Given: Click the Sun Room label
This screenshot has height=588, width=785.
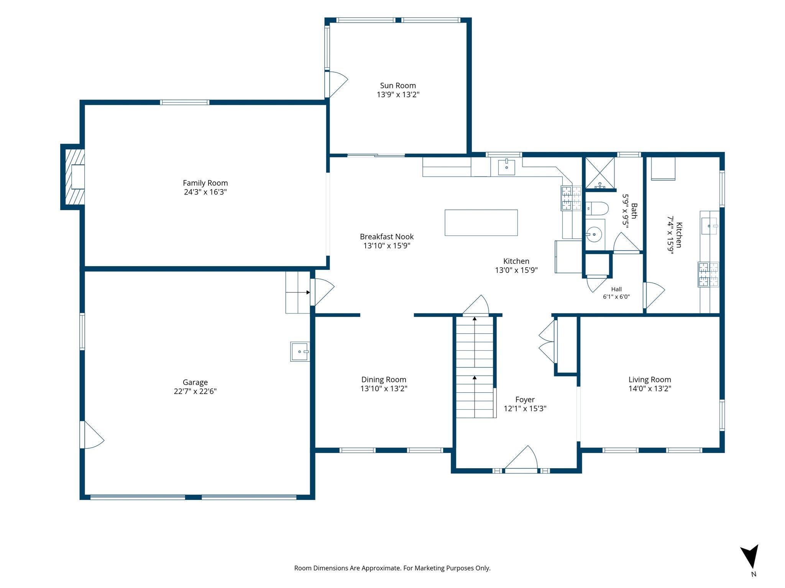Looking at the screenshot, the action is (x=398, y=86).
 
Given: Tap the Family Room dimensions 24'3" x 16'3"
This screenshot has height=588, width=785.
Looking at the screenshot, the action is (x=205, y=192).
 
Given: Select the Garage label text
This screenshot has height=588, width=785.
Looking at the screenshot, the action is (x=195, y=382).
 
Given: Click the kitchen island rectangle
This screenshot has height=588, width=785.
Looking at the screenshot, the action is (x=481, y=222).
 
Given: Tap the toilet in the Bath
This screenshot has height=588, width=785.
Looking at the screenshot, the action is (x=597, y=209).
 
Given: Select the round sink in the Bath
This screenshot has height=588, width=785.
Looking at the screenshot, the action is (x=594, y=234).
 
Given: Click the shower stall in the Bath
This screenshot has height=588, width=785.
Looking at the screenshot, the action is (x=599, y=173).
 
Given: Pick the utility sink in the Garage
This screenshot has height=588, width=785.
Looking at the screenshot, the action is (x=300, y=351).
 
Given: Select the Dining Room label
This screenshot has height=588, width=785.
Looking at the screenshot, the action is (x=384, y=379).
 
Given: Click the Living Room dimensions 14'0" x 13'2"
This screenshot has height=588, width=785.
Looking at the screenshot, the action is (x=650, y=389).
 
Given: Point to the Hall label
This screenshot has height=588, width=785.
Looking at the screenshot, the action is (x=616, y=289).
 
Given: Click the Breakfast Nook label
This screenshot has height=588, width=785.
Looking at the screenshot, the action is (x=387, y=237).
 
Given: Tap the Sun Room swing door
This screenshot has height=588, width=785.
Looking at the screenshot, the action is (x=336, y=85).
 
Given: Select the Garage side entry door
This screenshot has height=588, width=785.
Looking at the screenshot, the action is (x=92, y=434).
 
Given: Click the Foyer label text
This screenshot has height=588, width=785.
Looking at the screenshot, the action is (x=525, y=400).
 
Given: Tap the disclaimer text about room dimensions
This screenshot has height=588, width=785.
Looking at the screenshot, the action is (x=392, y=568).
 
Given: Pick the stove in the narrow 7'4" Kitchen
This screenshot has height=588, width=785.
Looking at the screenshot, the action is (x=708, y=274).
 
